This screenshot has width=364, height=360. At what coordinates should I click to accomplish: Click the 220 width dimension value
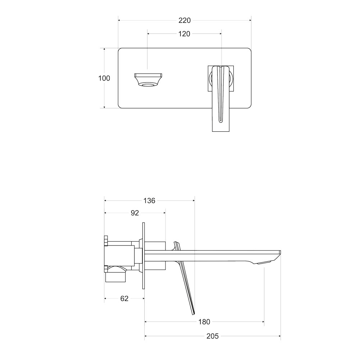[x=185, y=21]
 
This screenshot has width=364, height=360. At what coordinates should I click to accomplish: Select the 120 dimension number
[x=184, y=34]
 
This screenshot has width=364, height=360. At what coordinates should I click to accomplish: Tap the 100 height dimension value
[x=104, y=78]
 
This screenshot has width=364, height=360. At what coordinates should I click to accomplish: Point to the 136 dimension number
[x=149, y=201]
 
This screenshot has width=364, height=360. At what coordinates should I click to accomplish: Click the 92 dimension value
[x=135, y=213]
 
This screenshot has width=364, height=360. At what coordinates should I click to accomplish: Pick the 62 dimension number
[x=124, y=298]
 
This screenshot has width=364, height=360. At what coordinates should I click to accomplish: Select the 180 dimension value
[x=204, y=322]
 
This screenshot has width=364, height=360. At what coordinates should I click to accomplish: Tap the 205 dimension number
[x=213, y=336]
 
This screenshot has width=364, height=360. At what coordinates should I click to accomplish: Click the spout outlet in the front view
[x=148, y=80]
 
